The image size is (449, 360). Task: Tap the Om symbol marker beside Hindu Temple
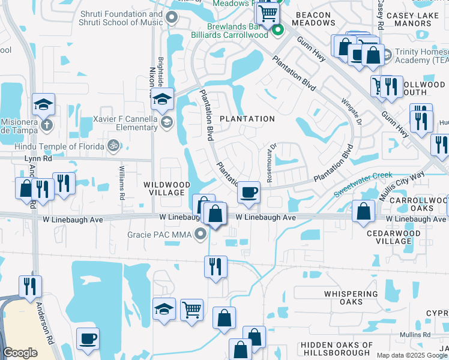click(x=112, y=145)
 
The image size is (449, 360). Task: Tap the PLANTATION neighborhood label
click(x=247, y=119)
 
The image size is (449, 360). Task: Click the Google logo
click(x=20, y=353)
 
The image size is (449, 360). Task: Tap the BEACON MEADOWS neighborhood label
click(x=313, y=19)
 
